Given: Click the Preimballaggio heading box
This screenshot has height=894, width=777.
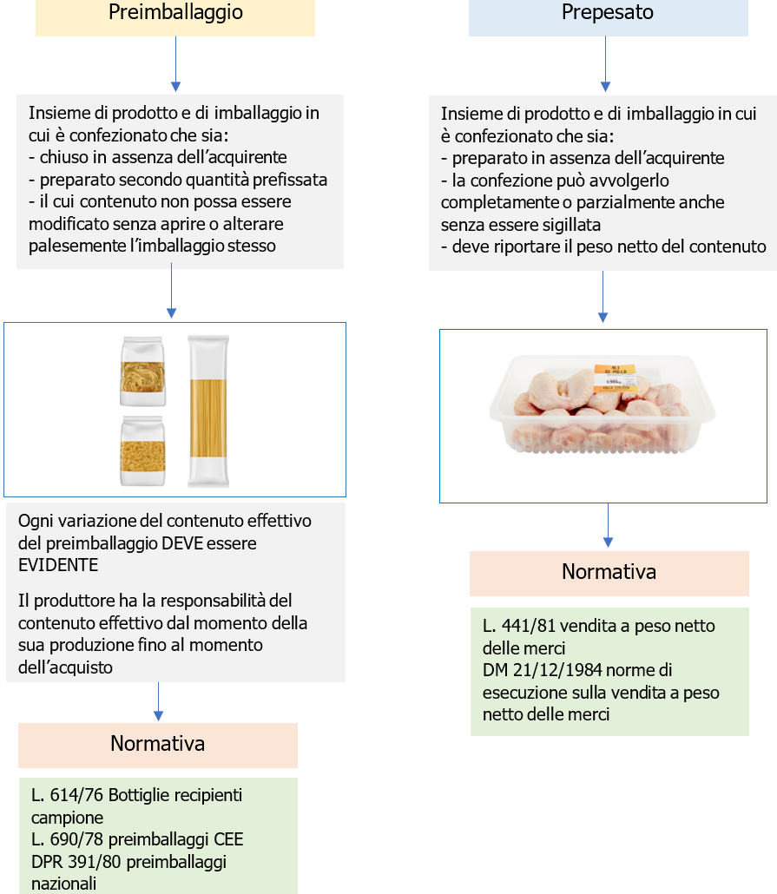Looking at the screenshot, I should (x=175, y=14).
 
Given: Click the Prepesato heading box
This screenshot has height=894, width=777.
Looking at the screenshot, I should (x=608, y=14).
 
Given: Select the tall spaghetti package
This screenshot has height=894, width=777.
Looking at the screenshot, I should (x=209, y=411).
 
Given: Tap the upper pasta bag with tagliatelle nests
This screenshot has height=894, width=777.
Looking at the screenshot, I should (x=142, y=371).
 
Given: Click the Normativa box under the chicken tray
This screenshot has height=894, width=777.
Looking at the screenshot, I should (x=609, y=573).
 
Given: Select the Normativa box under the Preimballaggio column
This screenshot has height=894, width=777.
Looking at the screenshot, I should (x=158, y=745).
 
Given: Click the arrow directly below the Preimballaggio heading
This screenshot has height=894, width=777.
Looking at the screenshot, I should (x=175, y=65).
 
